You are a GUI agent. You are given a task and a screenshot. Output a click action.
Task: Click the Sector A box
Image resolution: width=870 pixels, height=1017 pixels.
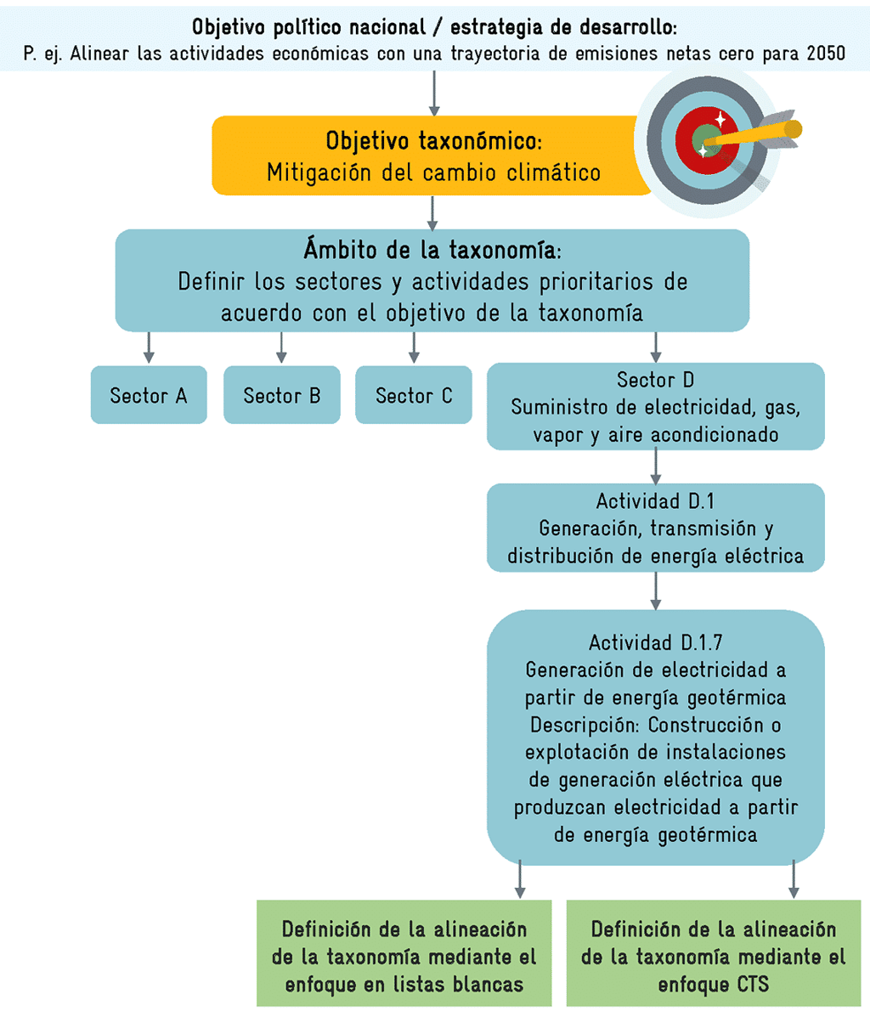[149, 395]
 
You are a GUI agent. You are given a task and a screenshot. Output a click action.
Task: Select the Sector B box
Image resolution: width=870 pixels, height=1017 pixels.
[281, 395]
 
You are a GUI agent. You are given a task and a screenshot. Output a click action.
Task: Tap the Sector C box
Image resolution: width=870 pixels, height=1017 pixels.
[414, 395]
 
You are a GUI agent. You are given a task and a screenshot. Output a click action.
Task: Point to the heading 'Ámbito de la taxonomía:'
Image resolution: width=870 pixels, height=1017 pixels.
[432, 250]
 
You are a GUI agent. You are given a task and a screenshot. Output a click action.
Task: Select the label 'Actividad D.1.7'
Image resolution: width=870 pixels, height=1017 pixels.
[655, 642]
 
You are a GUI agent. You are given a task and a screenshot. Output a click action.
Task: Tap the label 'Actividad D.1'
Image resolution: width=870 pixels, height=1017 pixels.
[655, 500]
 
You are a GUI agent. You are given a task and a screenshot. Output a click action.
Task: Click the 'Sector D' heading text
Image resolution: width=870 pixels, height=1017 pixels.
[655, 380]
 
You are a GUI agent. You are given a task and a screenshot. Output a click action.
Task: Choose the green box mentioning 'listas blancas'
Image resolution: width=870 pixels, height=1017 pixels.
[404, 957]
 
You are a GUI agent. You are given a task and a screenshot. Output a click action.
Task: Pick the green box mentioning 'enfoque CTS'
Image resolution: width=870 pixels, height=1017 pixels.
[714, 957]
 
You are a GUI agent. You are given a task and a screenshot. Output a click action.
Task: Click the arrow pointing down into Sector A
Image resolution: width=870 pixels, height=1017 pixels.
[149, 347]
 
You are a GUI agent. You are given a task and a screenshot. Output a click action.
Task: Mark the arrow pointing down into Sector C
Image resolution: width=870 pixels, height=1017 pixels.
[414, 347]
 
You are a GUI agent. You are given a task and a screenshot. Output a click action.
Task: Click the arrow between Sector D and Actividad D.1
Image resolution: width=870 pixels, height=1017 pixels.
[655, 466]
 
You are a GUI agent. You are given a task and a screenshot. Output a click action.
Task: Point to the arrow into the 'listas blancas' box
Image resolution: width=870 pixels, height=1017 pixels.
[520, 879]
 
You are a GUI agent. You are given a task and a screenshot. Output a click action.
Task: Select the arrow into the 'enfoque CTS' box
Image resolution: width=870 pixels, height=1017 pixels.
[794, 879]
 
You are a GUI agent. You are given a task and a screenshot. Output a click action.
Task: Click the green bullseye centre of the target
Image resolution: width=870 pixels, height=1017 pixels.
[704, 138]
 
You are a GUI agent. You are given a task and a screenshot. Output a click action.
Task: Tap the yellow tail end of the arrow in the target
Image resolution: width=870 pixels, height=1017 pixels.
[792, 129]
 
